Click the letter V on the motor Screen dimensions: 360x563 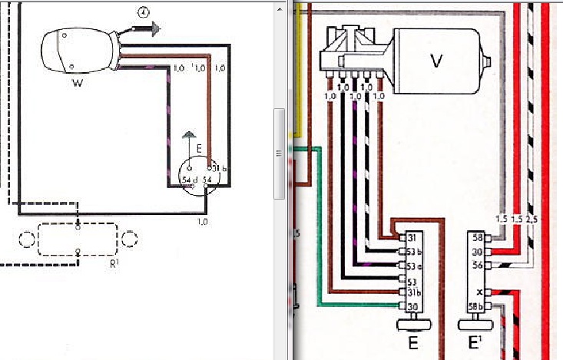click(x=437, y=60)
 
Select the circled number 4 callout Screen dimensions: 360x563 click(x=143, y=12)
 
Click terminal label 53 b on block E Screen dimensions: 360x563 click(x=415, y=251)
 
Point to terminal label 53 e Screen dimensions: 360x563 click(x=415, y=266)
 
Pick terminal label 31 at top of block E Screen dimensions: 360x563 click(x=413, y=237)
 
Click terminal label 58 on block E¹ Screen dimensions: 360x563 click(x=477, y=237)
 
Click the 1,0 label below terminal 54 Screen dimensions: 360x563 click(x=203, y=221)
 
